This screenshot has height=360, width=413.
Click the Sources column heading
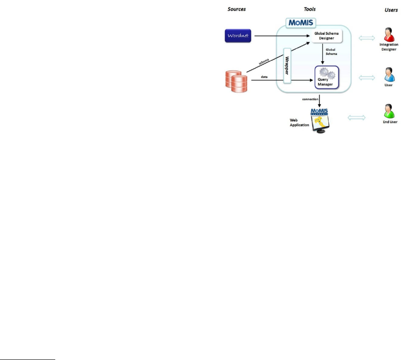tap(237, 9)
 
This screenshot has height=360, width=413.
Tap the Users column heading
tap(391, 9)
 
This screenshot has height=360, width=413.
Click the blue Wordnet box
tap(238, 35)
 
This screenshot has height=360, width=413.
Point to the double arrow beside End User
tap(357, 118)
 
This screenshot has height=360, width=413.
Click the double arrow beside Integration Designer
tap(366, 38)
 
